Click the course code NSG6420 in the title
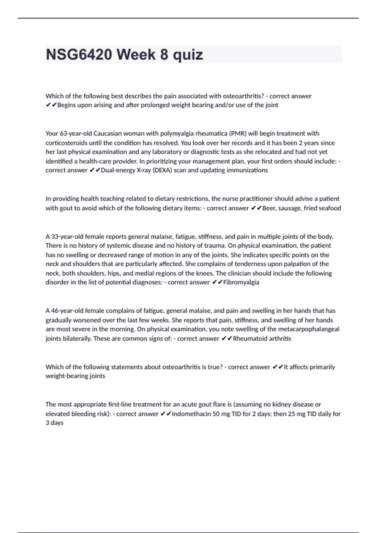[79, 55]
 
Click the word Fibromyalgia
[241, 282]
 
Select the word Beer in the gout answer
[268, 208]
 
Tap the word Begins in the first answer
[67, 105]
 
